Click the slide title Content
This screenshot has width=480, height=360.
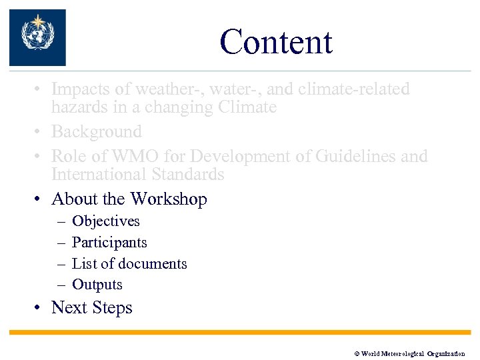click(x=275, y=42)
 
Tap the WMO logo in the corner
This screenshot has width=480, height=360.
click(x=37, y=37)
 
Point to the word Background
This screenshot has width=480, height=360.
click(x=97, y=132)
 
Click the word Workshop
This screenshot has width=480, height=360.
click(x=169, y=199)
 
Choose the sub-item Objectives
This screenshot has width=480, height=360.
click(x=105, y=221)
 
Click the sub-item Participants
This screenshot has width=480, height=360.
click(x=109, y=243)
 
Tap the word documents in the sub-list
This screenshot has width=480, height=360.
click(x=152, y=264)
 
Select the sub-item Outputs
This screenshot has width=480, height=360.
click(x=97, y=285)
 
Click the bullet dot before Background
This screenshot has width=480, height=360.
click(x=41, y=132)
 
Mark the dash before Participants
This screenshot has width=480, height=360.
click(x=61, y=243)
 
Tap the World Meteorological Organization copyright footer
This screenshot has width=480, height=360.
click(x=409, y=354)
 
